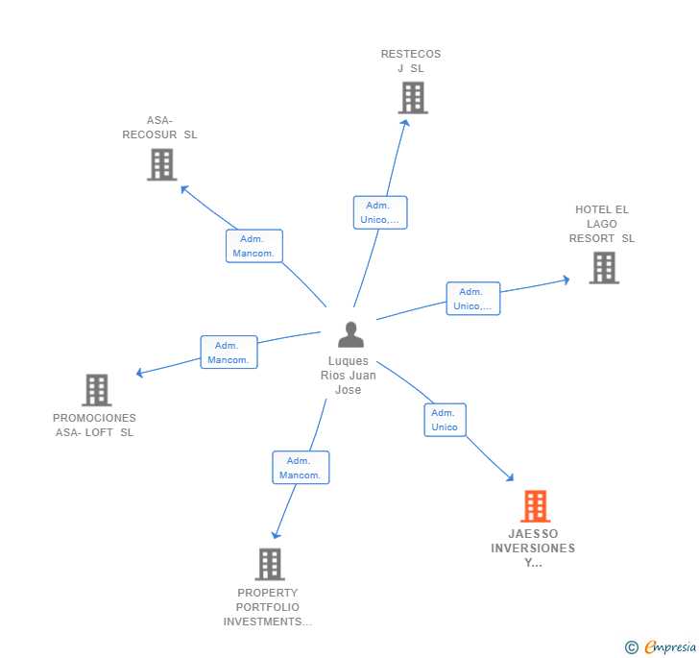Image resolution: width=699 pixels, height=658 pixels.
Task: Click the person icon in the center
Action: click(x=351, y=335)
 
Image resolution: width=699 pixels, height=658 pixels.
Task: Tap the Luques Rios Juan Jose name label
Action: click(x=349, y=376)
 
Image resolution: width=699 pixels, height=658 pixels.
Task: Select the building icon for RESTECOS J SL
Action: click(x=412, y=97)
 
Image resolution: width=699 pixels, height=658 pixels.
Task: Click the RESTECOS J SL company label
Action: click(x=411, y=61)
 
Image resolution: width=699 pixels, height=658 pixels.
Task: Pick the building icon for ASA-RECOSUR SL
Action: click(x=161, y=164)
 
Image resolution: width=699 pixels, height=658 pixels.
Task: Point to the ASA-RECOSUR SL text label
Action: click(x=159, y=128)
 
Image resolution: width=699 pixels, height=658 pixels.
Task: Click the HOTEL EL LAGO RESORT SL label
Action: click(x=602, y=224)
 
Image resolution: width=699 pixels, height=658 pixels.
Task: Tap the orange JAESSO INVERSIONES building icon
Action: click(x=535, y=505)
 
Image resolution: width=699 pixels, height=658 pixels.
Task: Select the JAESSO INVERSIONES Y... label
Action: click(x=533, y=548)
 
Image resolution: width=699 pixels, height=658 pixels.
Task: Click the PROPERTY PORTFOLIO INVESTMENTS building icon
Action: click(x=270, y=564)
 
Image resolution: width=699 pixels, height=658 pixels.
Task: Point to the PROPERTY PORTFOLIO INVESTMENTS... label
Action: click(x=268, y=607)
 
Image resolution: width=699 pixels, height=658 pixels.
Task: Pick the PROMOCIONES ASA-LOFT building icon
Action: click(x=96, y=390)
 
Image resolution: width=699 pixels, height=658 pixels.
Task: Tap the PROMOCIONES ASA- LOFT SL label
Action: click(x=94, y=426)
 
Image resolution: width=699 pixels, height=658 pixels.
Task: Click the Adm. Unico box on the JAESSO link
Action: click(x=445, y=420)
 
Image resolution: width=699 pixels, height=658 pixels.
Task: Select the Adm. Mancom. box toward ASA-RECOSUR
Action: click(x=253, y=246)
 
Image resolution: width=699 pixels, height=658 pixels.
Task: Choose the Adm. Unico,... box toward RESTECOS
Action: click(x=380, y=212)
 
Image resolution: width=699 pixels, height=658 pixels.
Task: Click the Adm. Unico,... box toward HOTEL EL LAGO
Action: click(x=472, y=299)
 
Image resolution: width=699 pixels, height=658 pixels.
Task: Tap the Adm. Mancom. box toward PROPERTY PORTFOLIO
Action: click(x=301, y=468)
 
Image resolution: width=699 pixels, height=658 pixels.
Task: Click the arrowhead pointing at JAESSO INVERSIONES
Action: click(x=510, y=476)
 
